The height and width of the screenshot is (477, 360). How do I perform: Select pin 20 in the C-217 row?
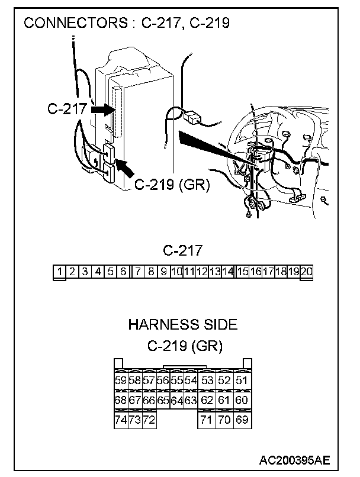[307, 272]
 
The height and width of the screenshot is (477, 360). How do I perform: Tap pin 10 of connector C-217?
[176, 272]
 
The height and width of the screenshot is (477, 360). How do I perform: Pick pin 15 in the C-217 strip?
[242, 272]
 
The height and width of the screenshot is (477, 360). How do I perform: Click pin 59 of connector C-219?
[120, 381]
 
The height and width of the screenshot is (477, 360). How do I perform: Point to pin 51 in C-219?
[242, 381]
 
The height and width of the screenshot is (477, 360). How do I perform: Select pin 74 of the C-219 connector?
[120, 420]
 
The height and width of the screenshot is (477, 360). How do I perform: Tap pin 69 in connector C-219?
[242, 420]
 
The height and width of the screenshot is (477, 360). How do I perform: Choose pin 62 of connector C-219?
[207, 401]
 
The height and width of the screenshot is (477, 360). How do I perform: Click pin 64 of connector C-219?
[176, 401]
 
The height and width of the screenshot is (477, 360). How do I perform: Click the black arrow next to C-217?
[102, 109]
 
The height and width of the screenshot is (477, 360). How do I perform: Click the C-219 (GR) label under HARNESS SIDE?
[184, 345]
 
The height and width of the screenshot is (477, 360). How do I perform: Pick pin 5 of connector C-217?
[111, 272]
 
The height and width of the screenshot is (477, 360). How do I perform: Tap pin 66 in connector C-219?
[149, 401]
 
